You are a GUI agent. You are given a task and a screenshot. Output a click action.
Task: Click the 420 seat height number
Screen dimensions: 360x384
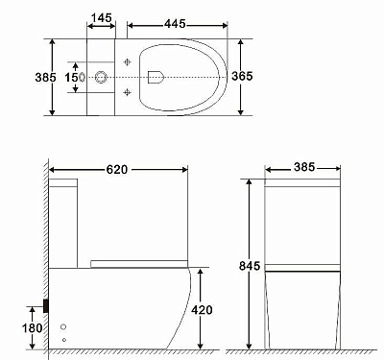point(202,309)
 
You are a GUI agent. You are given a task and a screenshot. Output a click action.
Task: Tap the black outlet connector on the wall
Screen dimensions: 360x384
point(45,307)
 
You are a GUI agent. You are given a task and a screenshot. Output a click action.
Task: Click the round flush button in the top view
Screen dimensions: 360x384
point(101,76)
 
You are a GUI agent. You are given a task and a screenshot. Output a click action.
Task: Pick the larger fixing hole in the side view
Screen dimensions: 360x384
point(65,325)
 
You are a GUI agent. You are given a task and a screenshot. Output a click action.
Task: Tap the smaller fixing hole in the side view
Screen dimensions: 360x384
point(64,339)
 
